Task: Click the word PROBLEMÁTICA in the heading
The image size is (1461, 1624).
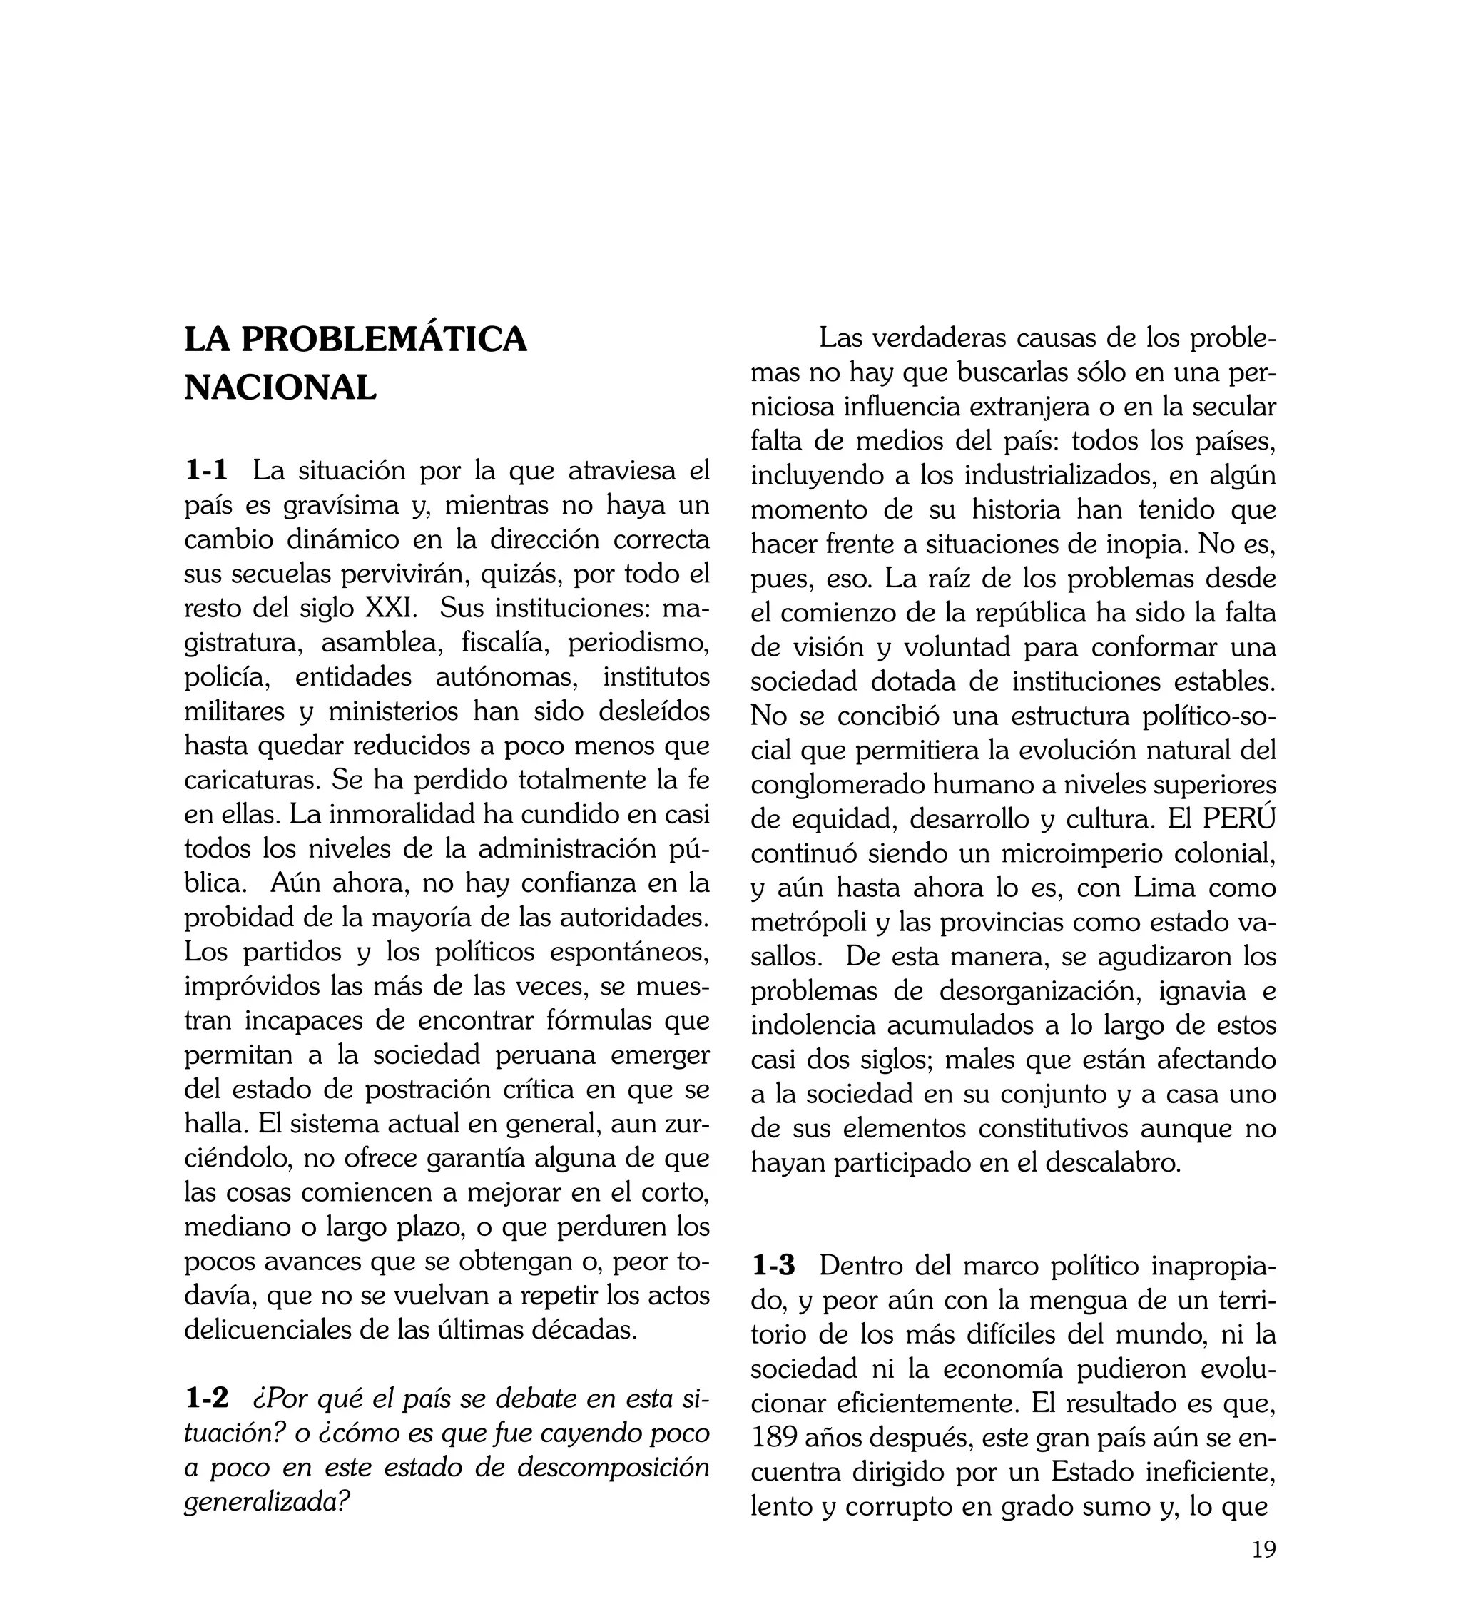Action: click(x=384, y=339)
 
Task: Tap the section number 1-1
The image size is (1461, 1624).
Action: click(x=207, y=471)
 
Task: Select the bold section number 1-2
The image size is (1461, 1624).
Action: click(x=207, y=1399)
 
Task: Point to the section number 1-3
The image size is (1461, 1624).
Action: click(x=774, y=1266)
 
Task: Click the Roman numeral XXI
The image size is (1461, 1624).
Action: click(x=391, y=608)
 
